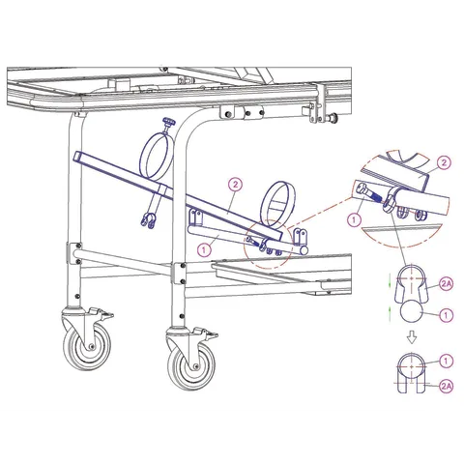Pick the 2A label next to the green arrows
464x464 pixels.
[x=447, y=283]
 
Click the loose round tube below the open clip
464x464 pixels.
[x=412, y=313]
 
